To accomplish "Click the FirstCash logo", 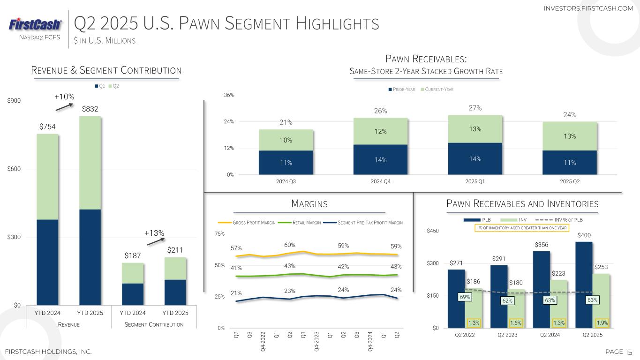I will [35, 24].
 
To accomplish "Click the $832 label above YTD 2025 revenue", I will [90, 109].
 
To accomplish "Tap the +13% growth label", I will [154, 233].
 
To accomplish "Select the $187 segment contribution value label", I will [133, 255].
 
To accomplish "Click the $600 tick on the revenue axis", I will [13, 169].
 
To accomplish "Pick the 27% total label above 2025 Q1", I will [475, 108].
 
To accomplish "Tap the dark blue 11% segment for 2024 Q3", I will [286, 163].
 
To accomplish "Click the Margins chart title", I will [309, 204].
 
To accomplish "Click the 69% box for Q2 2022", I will [465, 297].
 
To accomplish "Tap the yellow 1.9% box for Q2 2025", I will [602, 322].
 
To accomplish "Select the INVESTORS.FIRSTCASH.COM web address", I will [588, 8].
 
